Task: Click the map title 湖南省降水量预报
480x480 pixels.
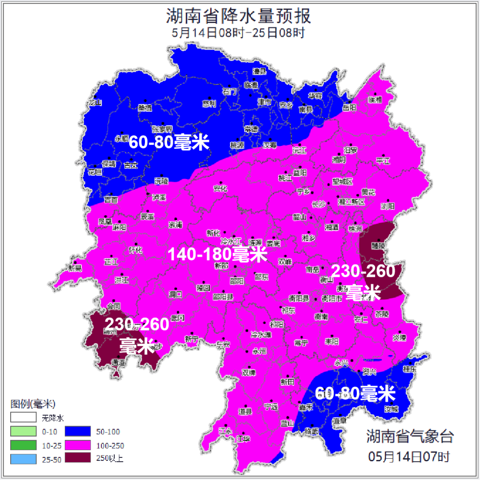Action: coord(239,16)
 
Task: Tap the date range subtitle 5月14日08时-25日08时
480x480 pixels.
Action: coord(239,33)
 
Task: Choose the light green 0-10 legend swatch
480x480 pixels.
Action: coord(24,432)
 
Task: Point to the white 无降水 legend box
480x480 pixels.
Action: coord(24,418)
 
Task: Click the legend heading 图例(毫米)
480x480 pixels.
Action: coord(32,404)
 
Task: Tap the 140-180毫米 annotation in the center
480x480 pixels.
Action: coord(217,255)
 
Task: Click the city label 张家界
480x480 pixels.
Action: coord(162,129)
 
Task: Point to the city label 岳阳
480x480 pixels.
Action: coord(349,108)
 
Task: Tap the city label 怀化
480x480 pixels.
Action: coord(136,250)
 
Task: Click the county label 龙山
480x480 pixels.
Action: coord(95,103)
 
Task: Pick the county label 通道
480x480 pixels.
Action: coord(118,363)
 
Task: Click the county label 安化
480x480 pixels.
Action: coord(220,188)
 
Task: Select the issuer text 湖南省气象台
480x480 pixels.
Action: coord(409,436)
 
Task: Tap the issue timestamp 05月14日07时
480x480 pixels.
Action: coord(409,456)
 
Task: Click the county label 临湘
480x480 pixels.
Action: coord(375,100)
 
